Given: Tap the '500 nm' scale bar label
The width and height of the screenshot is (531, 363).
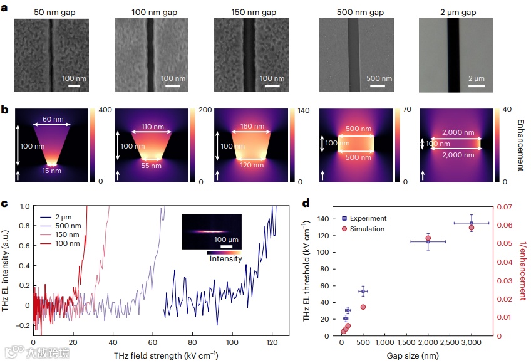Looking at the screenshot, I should pyautogui.click(x=379, y=79).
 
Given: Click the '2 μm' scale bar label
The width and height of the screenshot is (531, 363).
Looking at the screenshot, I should pyautogui.click(x=477, y=79).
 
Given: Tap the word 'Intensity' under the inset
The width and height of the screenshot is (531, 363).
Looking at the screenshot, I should pyautogui.click(x=225, y=258).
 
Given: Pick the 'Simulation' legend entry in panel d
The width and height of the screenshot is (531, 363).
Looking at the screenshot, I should pyautogui.click(x=367, y=229).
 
